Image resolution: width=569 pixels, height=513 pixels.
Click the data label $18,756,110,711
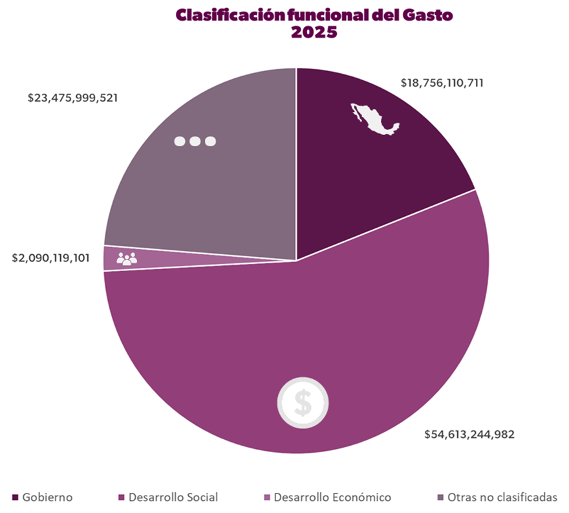pos(442,83)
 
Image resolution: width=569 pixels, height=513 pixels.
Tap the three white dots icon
pos(195,141)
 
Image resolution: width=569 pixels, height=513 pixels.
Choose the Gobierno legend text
pos(47,497)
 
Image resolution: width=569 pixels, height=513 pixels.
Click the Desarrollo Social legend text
pos(173,497)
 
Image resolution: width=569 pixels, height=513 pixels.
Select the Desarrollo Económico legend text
pos(332,497)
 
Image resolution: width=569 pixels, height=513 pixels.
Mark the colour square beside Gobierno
pos(16,497)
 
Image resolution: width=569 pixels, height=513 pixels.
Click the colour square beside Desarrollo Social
pos(121,497)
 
